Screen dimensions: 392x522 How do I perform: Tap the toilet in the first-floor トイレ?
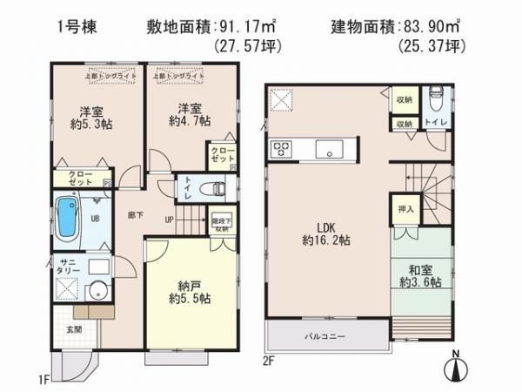212,187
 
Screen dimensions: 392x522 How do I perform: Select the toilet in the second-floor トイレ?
434,98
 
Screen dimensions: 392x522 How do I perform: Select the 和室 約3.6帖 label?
421,276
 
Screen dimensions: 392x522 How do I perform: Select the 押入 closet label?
405,209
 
